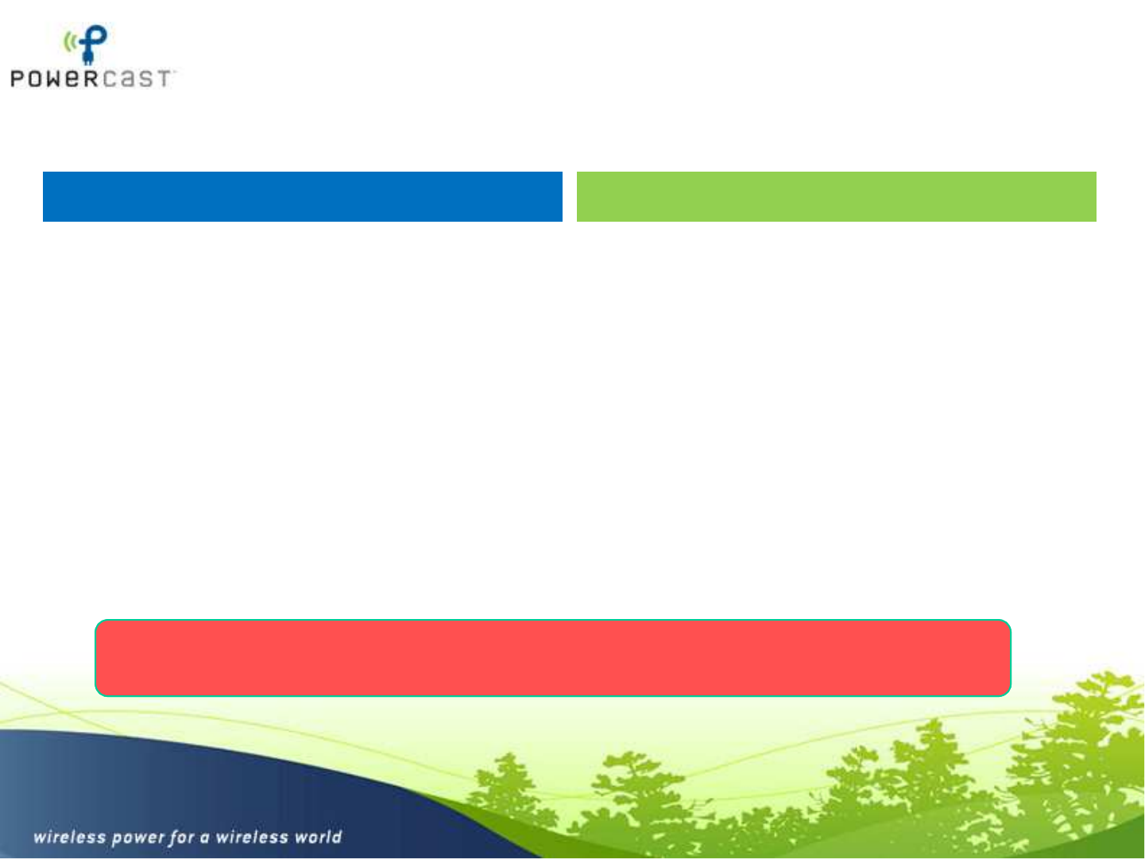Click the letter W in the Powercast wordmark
[x=53, y=79]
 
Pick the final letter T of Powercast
[x=163, y=79]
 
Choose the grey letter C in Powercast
[x=110, y=79]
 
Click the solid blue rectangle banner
[x=303, y=196]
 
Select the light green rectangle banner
[x=837, y=196]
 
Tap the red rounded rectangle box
[x=553, y=658]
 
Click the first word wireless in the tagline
[x=70, y=837]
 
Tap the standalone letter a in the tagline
[x=205, y=838]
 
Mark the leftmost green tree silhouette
[x=508, y=793]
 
